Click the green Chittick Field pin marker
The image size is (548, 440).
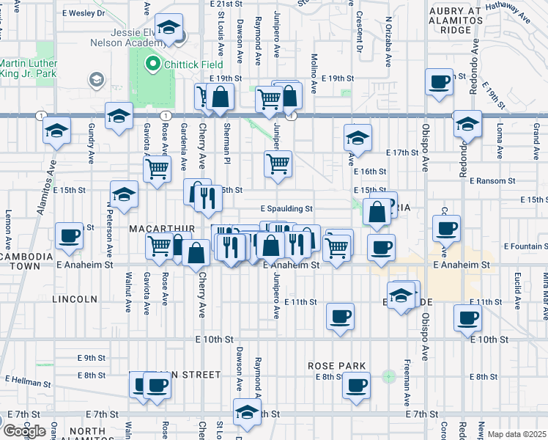click(x=153, y=65)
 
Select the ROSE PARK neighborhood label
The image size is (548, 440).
click(x=331, y=364)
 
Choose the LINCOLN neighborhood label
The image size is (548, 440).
click(x=75, y=299)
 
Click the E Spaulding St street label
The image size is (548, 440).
click(x=289, y=208)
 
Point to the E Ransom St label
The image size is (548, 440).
click(x=493, y=180)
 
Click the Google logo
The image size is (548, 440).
click(x=23, y=430)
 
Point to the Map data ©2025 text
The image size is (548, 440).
click(x=517, y=434)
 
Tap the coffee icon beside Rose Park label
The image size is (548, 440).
click(x=357, y=384)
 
